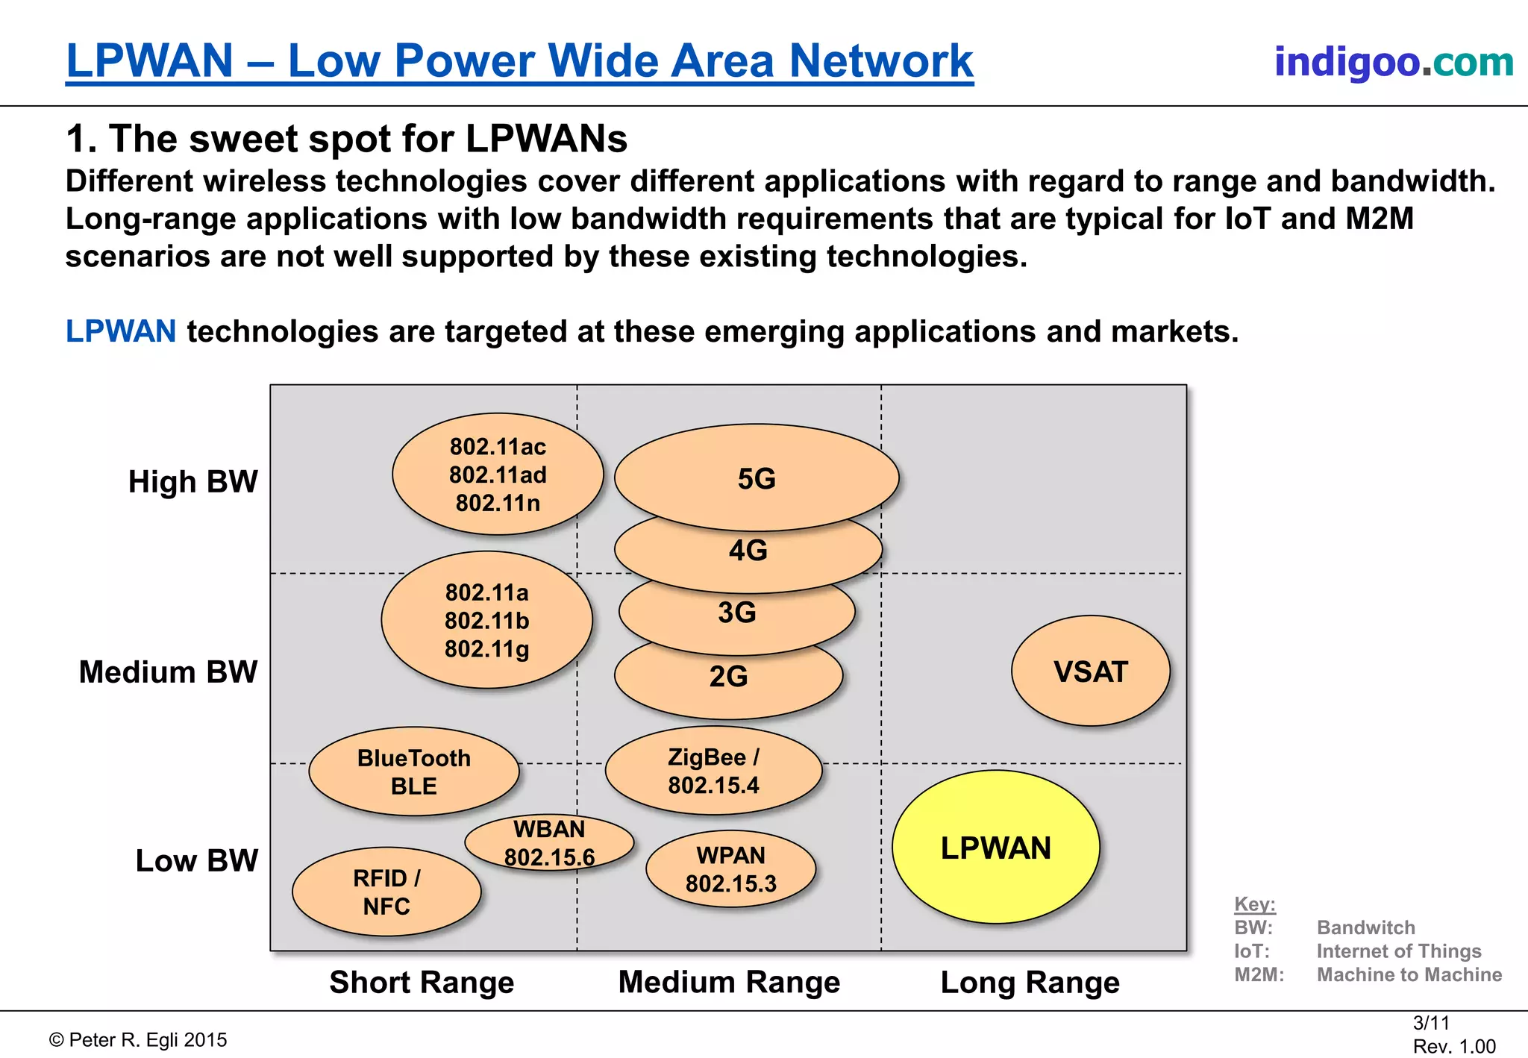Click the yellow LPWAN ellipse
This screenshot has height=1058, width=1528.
pyautogui.click(x=995, y=848)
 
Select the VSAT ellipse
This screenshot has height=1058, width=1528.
pyautogui.click(x=1090, y=672)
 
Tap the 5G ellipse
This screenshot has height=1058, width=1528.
pyautogui.click(x=757, y=478)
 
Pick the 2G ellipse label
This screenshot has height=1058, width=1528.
pyautogui.click(x=728, y=677)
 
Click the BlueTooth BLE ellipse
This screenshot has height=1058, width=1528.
pyautogui.click(x=414, y=771)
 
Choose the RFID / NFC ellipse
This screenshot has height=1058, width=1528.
pyautogui.click(x=386, y=892)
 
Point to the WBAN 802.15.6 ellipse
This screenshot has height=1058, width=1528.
pyautogui.click(x=549, y=842)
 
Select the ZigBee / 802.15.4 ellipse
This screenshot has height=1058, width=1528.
pyautogui.click(x=714, y=771)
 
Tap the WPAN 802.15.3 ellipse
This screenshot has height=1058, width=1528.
pyautogui.click(x=730, y=869)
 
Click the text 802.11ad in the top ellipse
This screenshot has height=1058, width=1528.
pyautogui.click(x=498, y=475)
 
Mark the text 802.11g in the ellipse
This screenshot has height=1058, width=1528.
pyautogui.click(x=486, y=649)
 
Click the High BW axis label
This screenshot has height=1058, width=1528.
pyautogui.click(x=192, y=481)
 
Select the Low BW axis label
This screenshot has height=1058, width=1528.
pyautogui.click(x=196, y=860)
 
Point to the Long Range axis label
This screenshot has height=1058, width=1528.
pyautogui.click(x=1030, y=982)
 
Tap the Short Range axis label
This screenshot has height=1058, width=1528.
pyautogui.click(x=422, y=982)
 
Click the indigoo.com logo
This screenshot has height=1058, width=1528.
pyautogui.click(x=1394, y=61)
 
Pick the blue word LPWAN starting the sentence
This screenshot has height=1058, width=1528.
pyautogui.click(x=121, y=331)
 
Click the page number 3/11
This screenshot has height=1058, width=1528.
pyautogui.click(x=1431, y=1023)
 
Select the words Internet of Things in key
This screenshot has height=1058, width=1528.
pyautogui.click(x=1398, y=951)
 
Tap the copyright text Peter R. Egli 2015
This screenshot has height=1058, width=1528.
pyautogui.click(x=139, y=1040)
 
